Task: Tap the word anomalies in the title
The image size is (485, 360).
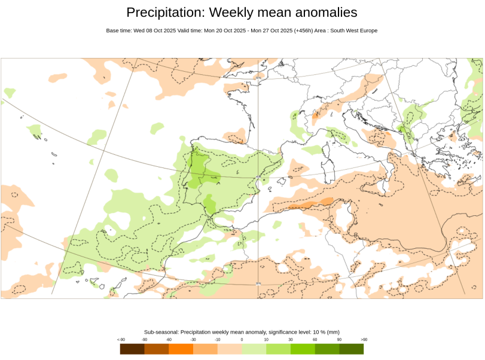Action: [325, 13]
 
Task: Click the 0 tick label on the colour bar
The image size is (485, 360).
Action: [242, 340]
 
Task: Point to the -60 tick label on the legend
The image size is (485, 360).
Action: [169, 340]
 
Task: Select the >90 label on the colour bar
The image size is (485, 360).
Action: [364, 340]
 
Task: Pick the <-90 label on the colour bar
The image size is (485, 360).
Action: [120, 340]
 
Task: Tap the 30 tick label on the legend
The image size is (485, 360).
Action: [291, 340]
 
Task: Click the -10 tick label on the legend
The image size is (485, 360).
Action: [218, 340]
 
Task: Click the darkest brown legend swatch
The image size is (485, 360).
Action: [132, 349]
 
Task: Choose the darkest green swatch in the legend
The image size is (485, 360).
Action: [352, 349]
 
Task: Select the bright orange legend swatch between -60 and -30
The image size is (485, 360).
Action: [181, 349]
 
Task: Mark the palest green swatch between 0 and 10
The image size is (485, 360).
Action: [254, 349]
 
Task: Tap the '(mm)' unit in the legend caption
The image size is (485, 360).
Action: [333, 332]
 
